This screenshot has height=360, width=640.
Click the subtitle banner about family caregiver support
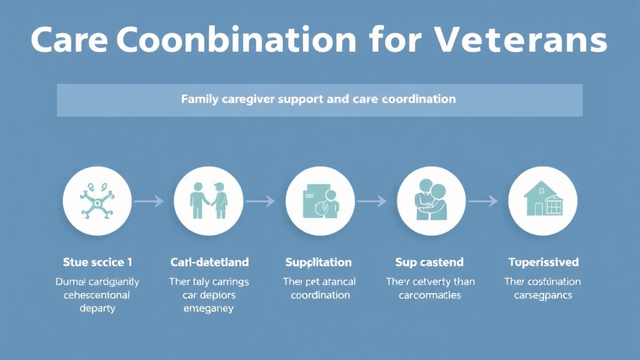[319, 99]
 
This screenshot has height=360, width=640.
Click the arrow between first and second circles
[149, 201]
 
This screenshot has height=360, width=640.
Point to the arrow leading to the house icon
[482, 201]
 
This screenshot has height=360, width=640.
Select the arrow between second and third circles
[260, 201]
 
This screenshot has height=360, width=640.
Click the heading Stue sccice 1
[97, 262]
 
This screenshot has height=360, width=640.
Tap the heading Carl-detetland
[209, 262]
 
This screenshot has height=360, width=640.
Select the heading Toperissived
[543, 262]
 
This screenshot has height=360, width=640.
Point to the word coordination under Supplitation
[319, 295]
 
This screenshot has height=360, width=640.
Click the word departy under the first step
[97, 308]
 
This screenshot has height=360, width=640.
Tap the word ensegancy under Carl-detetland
[209, 308]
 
